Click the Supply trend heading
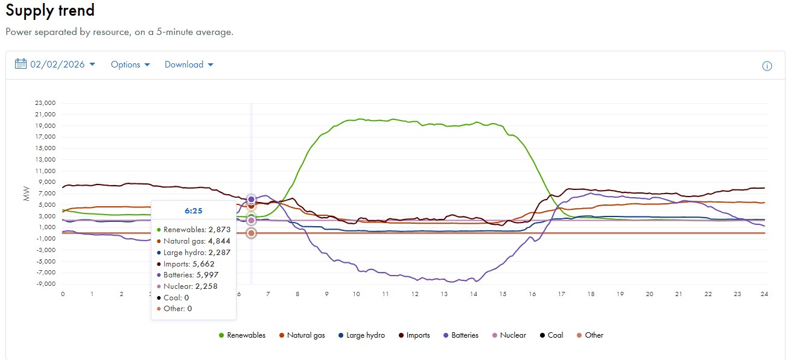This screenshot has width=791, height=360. click(50, 11)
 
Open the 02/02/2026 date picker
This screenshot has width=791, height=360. click(55, 65)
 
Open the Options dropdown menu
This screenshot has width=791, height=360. click(130, 65)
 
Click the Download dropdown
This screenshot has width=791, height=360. click(189, 65)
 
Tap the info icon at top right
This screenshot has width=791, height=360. click(767, 66)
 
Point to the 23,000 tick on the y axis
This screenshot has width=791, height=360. click(45, 103)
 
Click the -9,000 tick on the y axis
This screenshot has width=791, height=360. click(45, 284)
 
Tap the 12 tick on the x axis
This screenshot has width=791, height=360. click(415, 294)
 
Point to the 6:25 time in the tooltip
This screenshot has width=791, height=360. click(193, 211)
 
